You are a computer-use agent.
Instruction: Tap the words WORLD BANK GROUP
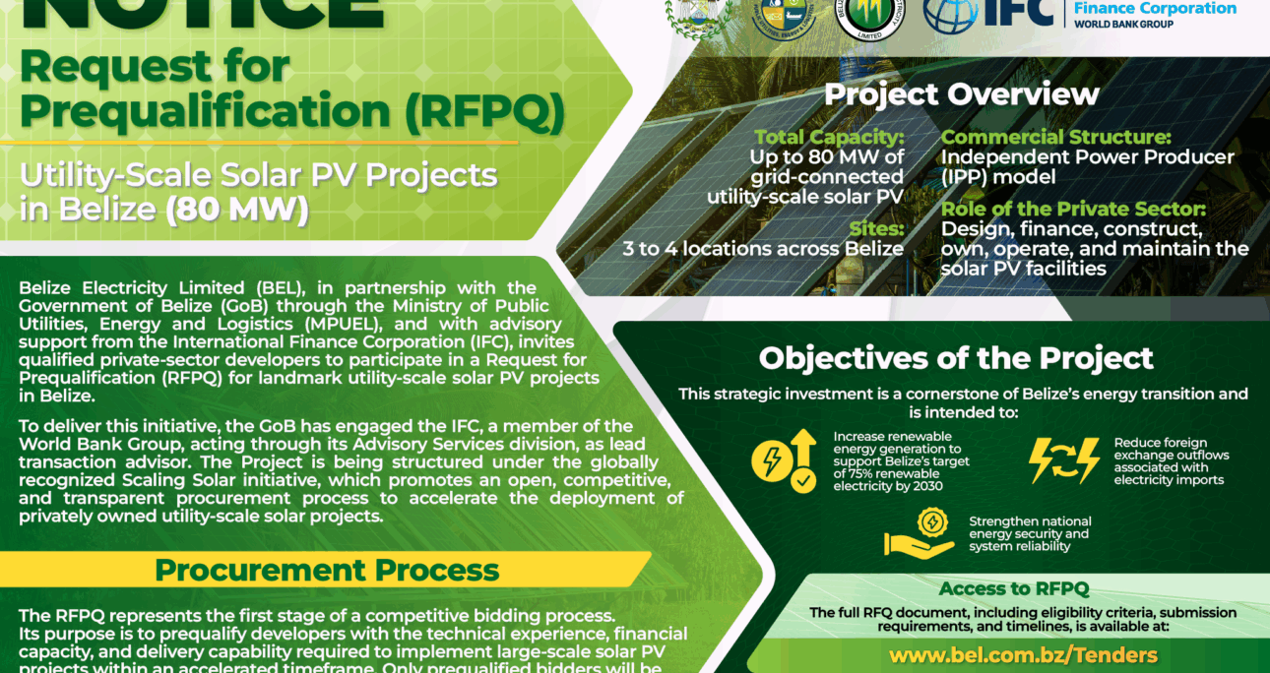1123,25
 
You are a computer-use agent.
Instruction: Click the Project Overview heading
961,94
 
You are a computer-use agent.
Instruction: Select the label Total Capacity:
829,138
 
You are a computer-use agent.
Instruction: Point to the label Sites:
875,228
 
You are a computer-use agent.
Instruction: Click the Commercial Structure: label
1055,138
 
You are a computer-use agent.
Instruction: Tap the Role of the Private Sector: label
1073,209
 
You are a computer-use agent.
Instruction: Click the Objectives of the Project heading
956,357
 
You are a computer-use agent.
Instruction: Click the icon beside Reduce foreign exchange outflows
1064,459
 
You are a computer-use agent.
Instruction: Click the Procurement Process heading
327,570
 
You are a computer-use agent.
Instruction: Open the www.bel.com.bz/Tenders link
1023,654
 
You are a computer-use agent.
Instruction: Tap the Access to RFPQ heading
1014,589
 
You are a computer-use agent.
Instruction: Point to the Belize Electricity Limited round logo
871,16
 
